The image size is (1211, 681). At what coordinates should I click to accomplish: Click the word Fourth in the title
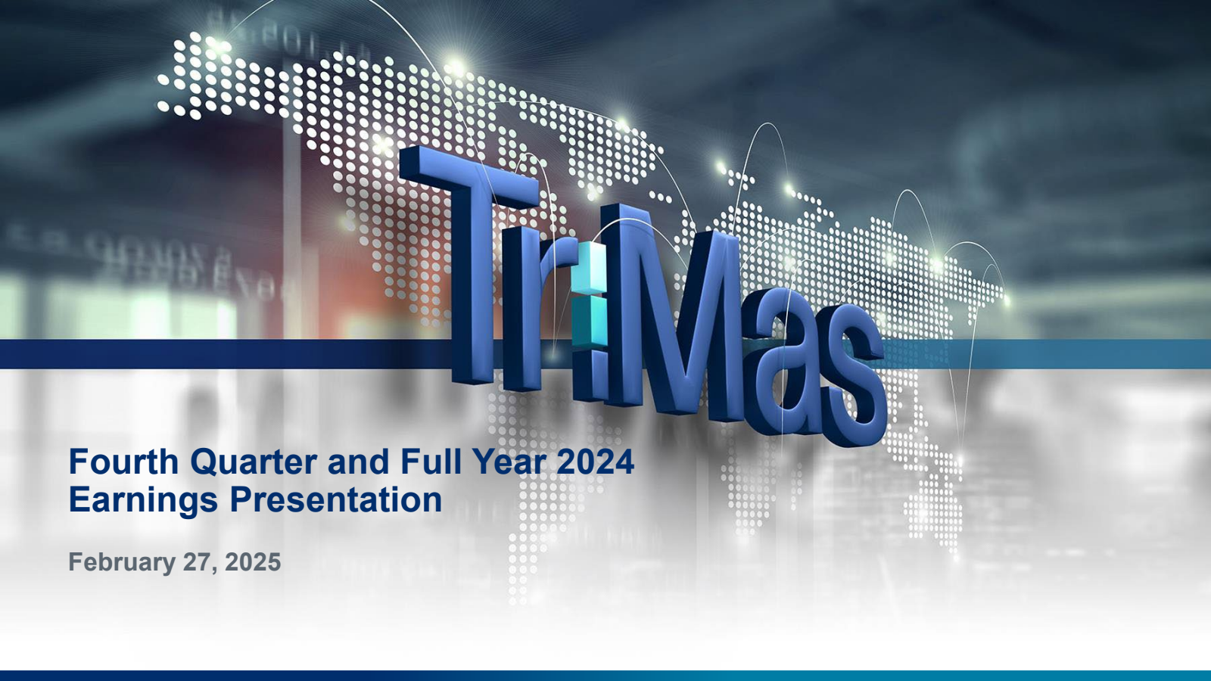pos(124,462)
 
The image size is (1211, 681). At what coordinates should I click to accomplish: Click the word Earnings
pos(143,500)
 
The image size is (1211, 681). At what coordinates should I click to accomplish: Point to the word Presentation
pos(336,500)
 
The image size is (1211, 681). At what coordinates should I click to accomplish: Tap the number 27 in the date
pos(197,562)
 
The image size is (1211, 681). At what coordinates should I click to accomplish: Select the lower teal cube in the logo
pos(590,321)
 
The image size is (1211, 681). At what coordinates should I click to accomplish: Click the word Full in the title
pos(425,462)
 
